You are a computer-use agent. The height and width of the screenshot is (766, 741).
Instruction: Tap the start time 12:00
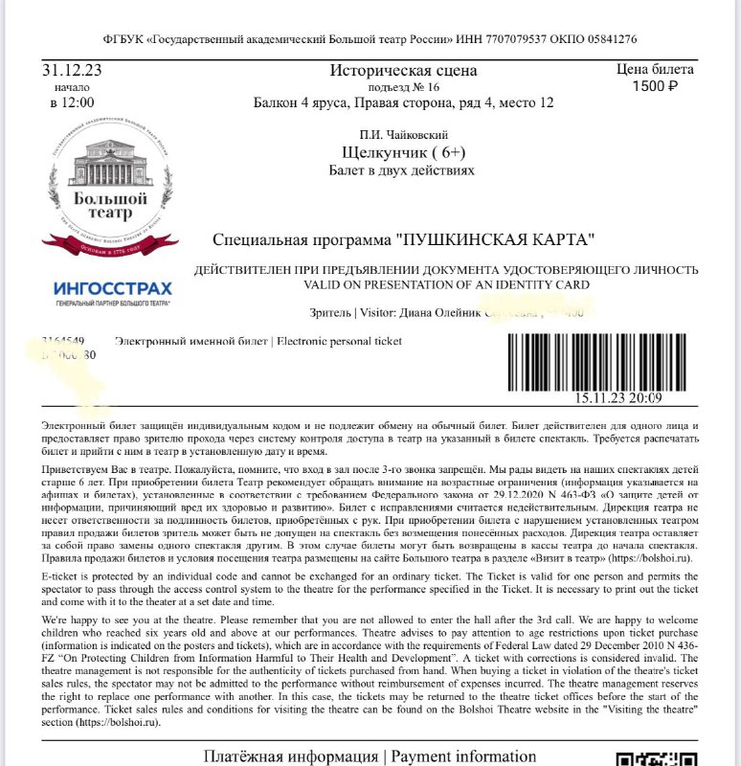[72, 102]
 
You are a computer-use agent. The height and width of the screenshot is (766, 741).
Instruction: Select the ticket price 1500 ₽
[655, 86]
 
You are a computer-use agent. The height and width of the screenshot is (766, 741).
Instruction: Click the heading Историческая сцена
[401, 71]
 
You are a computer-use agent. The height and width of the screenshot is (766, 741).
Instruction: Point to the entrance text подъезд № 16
[402, 87]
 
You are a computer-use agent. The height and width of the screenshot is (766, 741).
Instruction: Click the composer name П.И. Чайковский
[404, 135]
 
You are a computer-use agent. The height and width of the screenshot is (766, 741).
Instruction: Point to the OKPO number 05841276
[606, 39]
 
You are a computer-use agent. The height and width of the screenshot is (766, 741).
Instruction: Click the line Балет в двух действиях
[401, 169]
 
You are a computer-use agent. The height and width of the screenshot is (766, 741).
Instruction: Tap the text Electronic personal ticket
[340, 341]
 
